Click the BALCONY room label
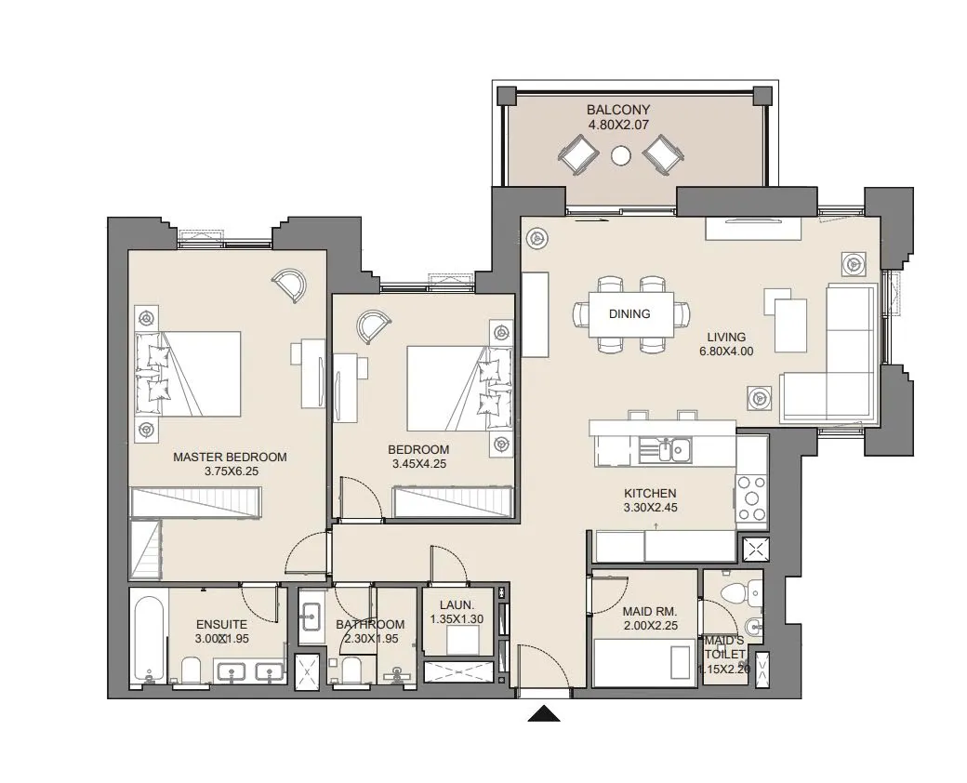point(618,110)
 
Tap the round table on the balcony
point(621,155)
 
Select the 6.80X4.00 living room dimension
point(726,352)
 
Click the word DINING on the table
point(629,314)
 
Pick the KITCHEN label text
point(650,493)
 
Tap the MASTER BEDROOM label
point(230,458)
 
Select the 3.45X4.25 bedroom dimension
point(418,464)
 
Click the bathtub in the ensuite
point(149,635)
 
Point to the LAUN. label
point(457,605)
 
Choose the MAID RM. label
point(650,612)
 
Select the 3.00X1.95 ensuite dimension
point(222,639)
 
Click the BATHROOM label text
point(370,624)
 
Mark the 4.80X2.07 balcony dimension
point(618,125)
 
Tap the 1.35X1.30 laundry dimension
point(457,619)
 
